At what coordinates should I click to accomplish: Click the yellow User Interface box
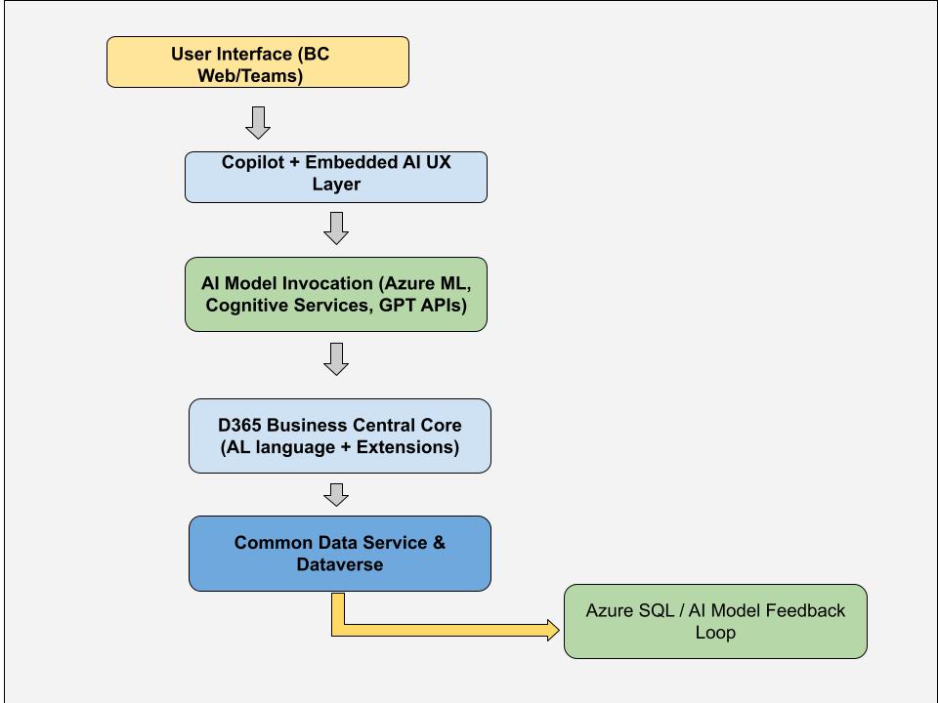(x=258, y=62)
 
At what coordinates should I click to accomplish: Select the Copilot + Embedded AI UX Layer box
(x=335, y=177)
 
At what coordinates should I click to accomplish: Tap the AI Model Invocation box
(x=335, y=294)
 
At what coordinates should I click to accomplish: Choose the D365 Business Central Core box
(x=340, y=435)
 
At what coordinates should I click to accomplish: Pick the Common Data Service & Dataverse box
(x=340, y=554)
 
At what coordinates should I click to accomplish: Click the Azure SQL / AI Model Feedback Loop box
(x=715, y=622)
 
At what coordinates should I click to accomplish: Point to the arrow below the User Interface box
(x=258, y=123)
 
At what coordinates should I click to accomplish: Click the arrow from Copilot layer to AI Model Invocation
(x=336, y=228)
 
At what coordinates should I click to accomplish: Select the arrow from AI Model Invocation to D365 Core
(x=336, y=359)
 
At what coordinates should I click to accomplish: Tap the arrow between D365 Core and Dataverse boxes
(x=336, y=495)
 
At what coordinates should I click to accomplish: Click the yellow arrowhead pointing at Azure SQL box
(x=553, y=630)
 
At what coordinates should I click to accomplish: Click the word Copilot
(x=252, y=162)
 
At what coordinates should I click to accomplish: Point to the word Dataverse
(x=340, y=564)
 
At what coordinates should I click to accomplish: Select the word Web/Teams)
(x=250, y=76)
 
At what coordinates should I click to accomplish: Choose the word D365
(x=240, y=425)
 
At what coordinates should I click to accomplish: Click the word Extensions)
(x=408, y=447)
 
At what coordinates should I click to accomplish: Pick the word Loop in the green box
(x=715, y=633)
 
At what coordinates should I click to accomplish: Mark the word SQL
(x=657, y=611)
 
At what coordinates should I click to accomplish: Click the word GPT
(x=398, y=306)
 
